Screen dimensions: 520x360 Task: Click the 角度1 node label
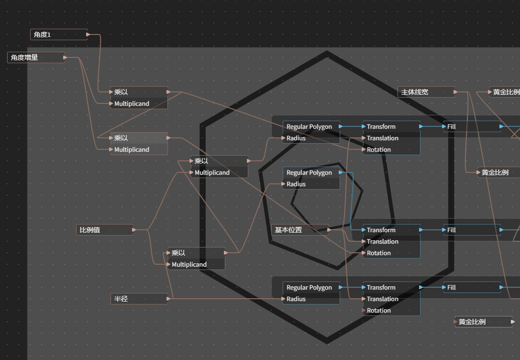point(42,34)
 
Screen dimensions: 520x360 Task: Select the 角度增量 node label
point(24,57)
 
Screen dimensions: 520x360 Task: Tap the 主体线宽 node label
point(415,92)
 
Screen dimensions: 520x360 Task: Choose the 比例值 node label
point(90,230)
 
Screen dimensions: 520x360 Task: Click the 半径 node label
point(121,299)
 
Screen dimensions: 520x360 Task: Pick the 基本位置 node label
point(288,230)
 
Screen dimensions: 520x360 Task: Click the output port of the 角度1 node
point(88,34)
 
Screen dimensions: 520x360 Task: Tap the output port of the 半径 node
point(168,299)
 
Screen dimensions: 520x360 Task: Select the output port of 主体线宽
point(456,92)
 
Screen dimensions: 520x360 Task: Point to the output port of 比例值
point(134,230)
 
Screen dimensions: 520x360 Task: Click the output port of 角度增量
point(65,57)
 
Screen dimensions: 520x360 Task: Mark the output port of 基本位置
point(329,230)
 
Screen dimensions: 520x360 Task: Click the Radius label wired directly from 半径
point(296,299)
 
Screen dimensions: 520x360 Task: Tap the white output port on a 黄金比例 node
point(513,322)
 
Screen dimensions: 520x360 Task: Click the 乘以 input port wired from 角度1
point(111,92)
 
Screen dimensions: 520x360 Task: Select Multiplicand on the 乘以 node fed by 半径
point(189,264)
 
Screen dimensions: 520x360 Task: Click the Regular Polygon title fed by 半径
point(309,287)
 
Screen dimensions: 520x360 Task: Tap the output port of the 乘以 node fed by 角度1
point(168,92)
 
